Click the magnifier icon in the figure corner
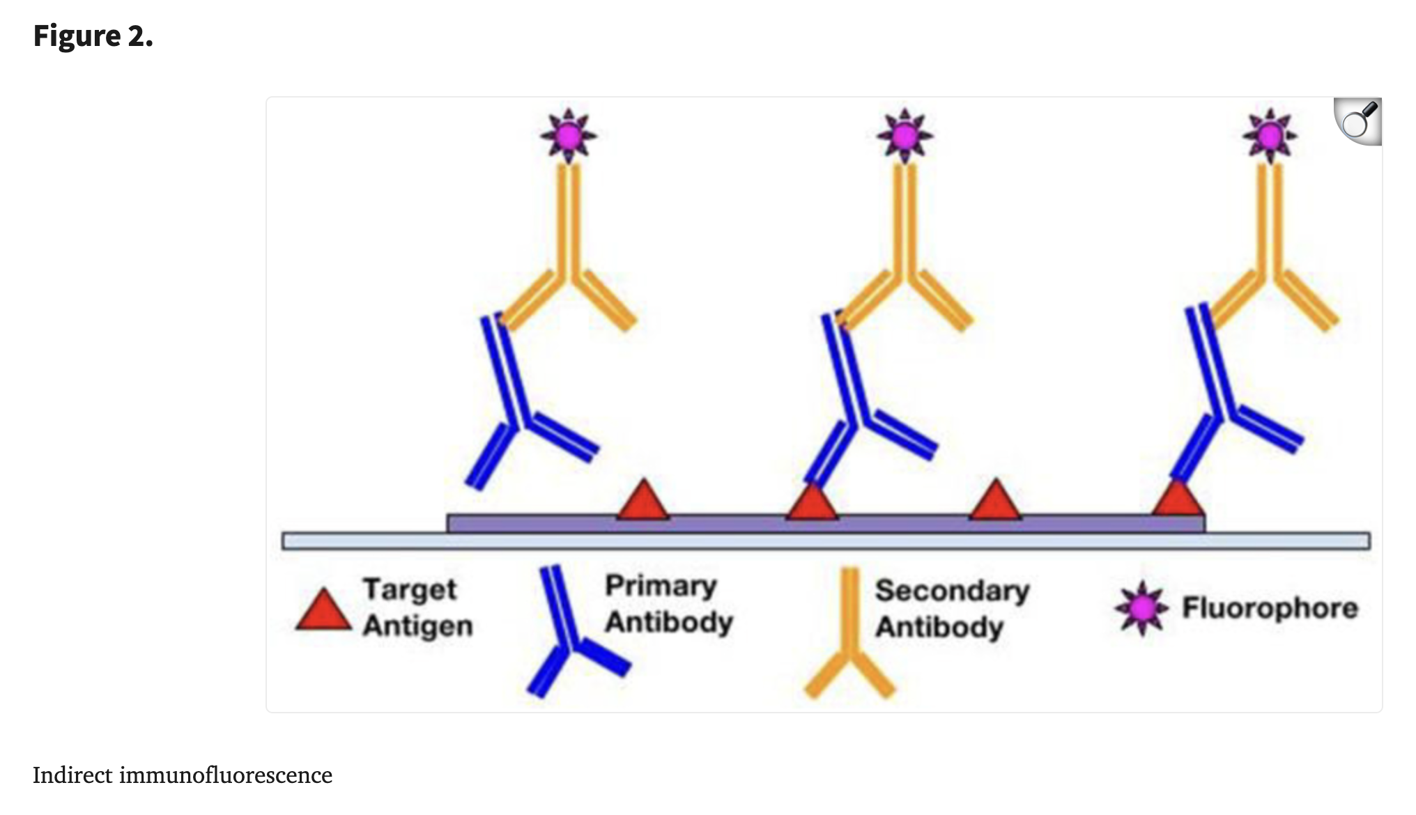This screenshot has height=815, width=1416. (1358, 121)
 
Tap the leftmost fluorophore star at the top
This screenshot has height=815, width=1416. (569, 136)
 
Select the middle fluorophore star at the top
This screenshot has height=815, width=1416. (905, 136)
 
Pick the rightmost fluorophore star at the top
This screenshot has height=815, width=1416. (1270, 136)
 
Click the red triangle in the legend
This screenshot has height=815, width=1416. (323, 610)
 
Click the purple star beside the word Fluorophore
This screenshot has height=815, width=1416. (1141, 608)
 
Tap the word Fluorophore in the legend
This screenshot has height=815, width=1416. (1270, 608)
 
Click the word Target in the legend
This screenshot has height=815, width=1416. (410, 589)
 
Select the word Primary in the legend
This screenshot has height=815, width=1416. (661, 587)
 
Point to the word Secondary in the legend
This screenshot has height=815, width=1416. (952, 591)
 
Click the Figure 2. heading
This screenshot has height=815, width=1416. (93, 36)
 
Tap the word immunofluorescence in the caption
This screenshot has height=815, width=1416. (226, 775)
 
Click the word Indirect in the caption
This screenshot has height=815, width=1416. (72, 775)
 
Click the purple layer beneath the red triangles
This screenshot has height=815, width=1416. (826, 525)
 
